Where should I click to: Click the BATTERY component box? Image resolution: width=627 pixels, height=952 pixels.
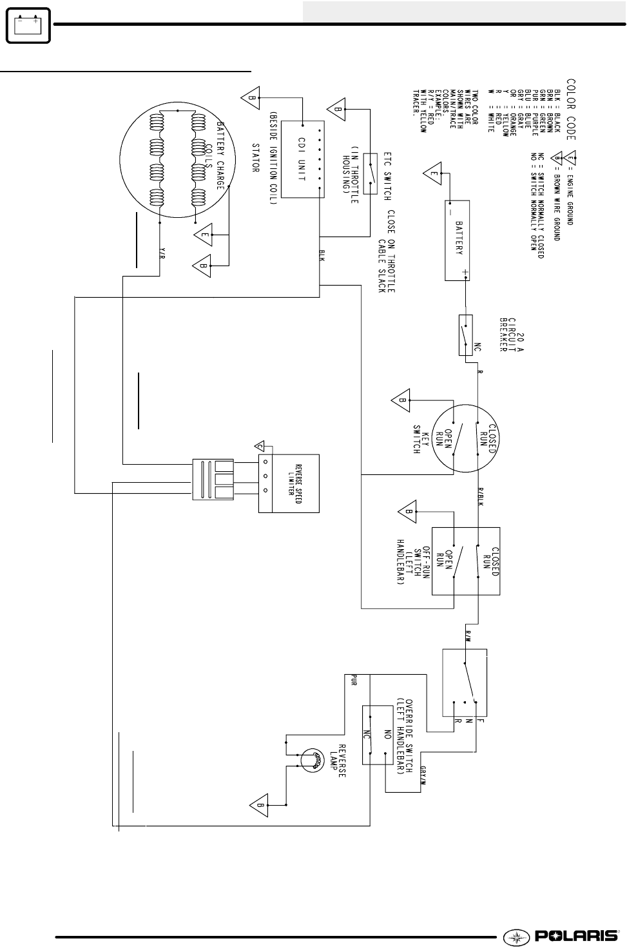[457, 240]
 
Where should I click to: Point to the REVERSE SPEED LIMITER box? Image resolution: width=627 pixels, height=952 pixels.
[289, 483]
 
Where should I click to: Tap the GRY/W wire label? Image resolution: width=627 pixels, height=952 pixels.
[422, 774]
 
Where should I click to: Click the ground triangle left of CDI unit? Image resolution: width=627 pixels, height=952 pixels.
[249, 98]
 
